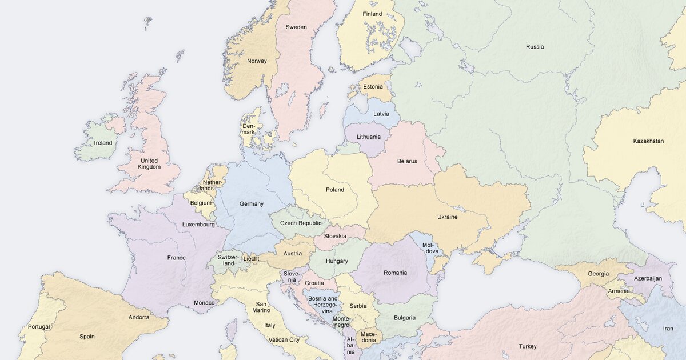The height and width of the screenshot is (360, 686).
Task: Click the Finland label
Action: click(372, 14)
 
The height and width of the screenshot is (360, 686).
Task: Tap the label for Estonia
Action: click(373, 87)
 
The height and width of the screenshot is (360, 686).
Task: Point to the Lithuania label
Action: click(369, 137)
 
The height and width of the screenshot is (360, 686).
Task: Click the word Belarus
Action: click(407, 161)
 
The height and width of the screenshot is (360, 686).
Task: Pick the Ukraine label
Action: click(447, 217)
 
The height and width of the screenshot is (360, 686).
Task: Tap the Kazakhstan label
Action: click(648, 141)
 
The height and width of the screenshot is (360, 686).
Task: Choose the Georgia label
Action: click(598, 274)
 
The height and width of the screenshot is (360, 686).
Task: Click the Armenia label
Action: click(619, 291)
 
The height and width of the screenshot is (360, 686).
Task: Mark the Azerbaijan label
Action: click(648, 279)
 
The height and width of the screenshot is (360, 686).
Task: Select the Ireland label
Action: click(103, 143)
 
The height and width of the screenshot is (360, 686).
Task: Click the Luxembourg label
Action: click(198, 225)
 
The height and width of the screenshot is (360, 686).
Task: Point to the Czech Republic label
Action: click(301, 223)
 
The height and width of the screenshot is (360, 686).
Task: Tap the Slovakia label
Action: click(335, 236)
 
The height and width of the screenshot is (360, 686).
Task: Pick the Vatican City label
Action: click(284, 340)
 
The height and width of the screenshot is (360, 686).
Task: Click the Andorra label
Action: click(139, 318)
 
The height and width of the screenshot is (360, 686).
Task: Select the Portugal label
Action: click(39, 327)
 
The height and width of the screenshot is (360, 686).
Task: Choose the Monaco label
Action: click(204, 303)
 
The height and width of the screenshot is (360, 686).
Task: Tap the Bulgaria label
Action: click(405, 318)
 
